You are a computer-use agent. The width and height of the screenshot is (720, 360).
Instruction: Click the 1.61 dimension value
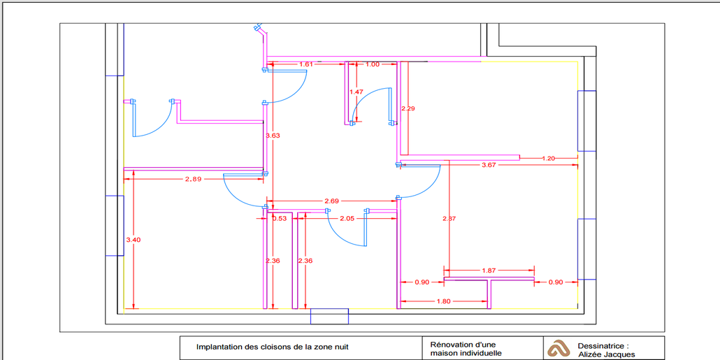pyautogui.click(x=305, y=64)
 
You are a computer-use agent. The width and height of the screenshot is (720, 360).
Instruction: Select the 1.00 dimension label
pyautogui.click(x=373, y=64)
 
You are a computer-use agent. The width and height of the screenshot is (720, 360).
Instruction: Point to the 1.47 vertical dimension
pyautogui.click(x=357, y=92)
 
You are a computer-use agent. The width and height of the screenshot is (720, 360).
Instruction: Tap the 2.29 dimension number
pyautogui.click(x=408, y=108)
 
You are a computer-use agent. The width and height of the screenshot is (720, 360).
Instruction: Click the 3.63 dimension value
pyautogui.click(x=273, y=136)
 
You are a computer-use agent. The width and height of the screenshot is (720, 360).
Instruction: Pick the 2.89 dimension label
pyautogui.click(x=193, y=179)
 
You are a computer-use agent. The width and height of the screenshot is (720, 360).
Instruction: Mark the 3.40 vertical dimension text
pyautogui.click(x=133, y=240)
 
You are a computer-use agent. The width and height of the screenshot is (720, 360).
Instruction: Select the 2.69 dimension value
pyautogui.click(x=331, y=201)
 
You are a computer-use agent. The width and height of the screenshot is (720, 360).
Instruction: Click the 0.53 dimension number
pyautogui.click(x=280, y=218)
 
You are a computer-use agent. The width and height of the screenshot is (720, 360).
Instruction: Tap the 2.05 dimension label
pyautogui.click(x=346, y=218)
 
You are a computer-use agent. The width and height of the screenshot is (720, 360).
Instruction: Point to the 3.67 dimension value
pyautogui.click(x=489, y=165)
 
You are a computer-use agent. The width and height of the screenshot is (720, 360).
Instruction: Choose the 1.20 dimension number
pyautogui.click(x=549, y=159)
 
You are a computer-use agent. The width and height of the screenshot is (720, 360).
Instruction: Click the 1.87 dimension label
pyautogui.click(x=489, y=270)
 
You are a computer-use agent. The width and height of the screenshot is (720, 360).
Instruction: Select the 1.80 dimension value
pyautogui.click(x=443, y=301)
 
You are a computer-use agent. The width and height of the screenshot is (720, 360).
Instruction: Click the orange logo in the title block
pyautogui.click(x=558, y=348)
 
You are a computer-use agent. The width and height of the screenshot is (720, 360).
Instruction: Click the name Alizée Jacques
pyautogui.click(x=607, y=354)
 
